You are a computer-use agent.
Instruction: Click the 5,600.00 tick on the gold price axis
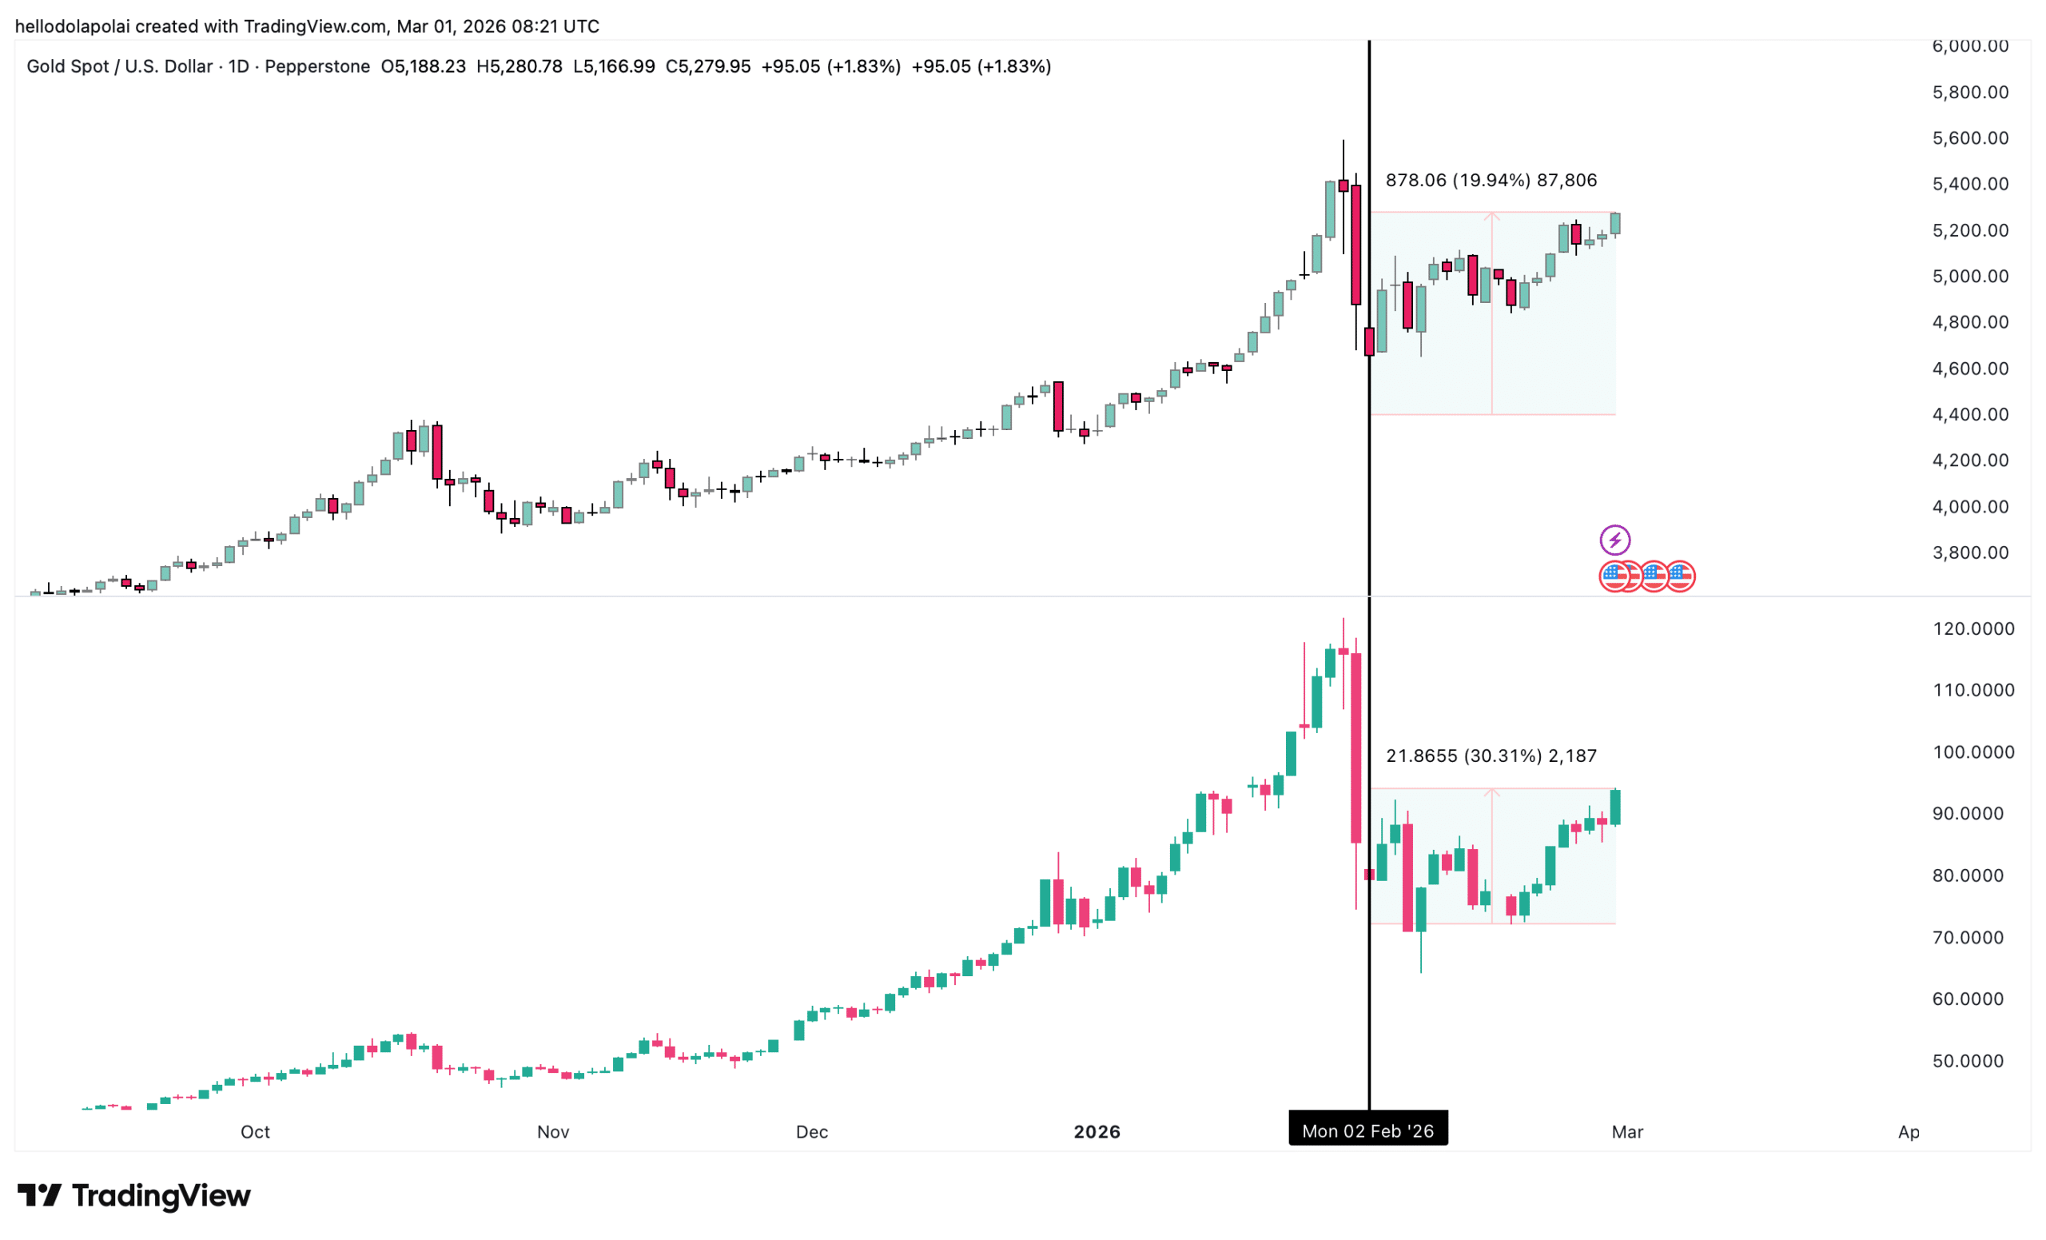click(1969, 138)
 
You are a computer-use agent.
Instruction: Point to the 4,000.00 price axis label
click(1969, 507)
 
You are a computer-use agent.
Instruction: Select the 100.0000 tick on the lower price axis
click(1973, 752)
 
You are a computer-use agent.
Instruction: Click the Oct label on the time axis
click(255, 1132)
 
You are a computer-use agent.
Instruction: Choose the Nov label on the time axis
click(553, 1132)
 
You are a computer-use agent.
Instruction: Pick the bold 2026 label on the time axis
click(1096, 1132)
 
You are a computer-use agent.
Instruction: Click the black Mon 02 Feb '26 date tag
click(1367, 1131)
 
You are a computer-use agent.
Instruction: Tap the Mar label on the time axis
click(1626, 1132)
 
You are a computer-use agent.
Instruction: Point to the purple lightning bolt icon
click(1614, 540)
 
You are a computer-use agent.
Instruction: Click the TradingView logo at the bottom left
click(133, 1196)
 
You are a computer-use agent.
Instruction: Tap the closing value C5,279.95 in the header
click(707, 66)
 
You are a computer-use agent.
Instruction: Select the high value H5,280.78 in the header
click(519, 66)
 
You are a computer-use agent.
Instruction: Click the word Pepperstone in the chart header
click(317, 66)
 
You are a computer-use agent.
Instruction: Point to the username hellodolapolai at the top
click(72, 26)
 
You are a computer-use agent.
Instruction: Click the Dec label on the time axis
click(811, 1132)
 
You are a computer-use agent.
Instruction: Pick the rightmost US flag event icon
click(1681, 576)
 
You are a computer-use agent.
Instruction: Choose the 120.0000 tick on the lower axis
click(1973, 628)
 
